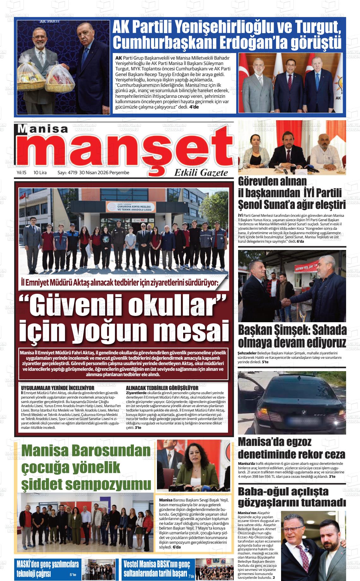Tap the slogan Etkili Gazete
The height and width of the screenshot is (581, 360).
pos(201,173)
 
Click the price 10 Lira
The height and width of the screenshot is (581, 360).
pos(40,173)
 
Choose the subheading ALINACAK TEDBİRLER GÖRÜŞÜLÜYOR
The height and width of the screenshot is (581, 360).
pos(162,387)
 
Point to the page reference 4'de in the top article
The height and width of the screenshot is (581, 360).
pos(194,107)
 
